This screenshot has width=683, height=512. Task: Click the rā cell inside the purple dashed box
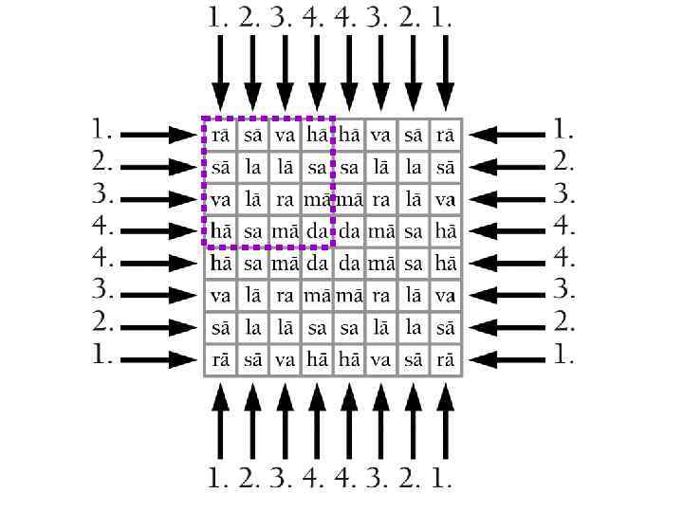tap(220, 135)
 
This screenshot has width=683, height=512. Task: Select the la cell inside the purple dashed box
tap(252, 168)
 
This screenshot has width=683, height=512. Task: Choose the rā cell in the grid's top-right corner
tap(445, 135)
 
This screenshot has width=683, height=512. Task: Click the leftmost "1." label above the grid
tap(219, 17)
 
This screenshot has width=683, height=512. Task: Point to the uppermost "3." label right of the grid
tap(564, 192)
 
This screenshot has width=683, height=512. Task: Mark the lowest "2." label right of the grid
tap(564, 321)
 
